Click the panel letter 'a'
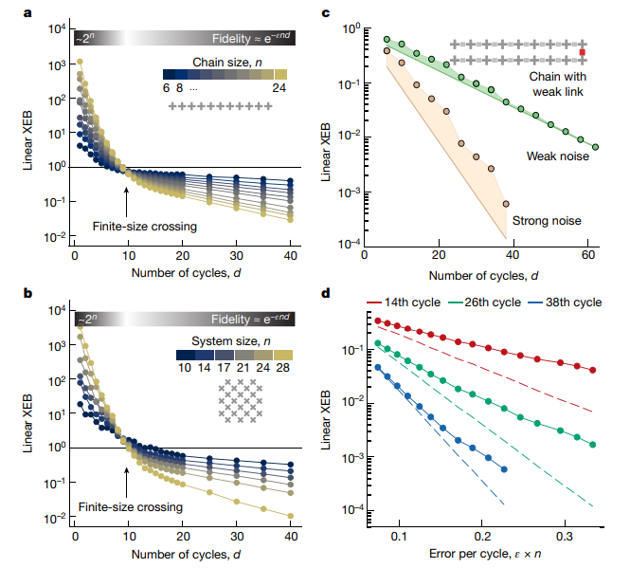(x=27, y=13)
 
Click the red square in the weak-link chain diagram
(x=583, y=52)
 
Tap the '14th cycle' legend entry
(x=404, y=302)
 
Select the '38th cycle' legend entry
(x=566, y=302)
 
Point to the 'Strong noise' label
(x=547, y=220)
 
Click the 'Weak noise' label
(x=558, y=156)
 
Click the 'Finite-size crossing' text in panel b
(x=130, y=507)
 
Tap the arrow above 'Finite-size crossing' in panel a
(x=126, y=202)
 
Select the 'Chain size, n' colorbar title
(x=227, y=63)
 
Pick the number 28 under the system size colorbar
(x=283, y=367)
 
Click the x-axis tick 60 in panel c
(x=588, y=255)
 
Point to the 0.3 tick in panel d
(x=565, y=536)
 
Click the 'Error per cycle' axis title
(x=485, y=554)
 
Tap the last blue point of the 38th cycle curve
(x=504, y=469)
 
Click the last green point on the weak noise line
(x=596, y=147)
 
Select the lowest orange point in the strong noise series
(x=506, y=204)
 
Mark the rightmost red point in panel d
(x=593, y=370)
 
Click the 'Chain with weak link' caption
(x=558, y=84)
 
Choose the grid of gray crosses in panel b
(x=241, y=401)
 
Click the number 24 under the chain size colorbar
(x=279, y=87)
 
